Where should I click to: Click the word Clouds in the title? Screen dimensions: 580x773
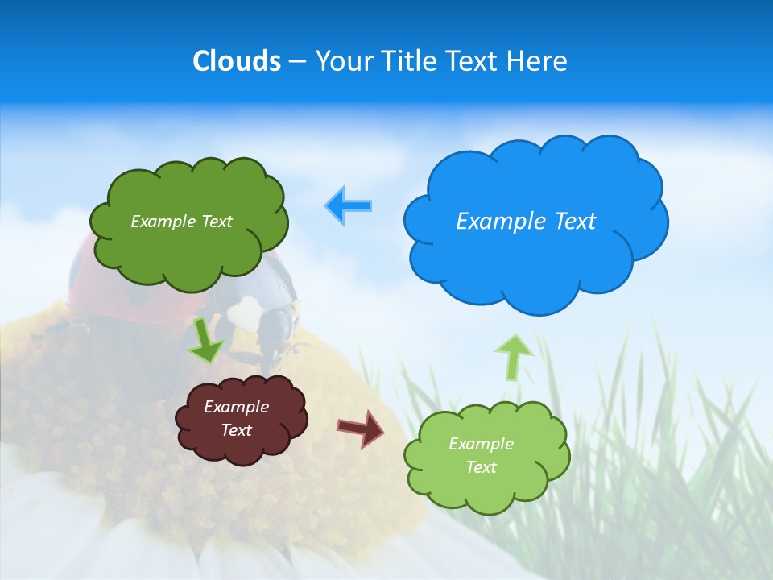click(237, 61)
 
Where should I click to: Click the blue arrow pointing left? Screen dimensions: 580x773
click(349, 206)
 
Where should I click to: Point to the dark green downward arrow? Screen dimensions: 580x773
click(205, 342)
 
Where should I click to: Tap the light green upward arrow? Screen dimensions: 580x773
click(514, 357)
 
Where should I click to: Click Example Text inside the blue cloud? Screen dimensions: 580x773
click(526, 221)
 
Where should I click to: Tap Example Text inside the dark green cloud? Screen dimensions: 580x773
click(181, 222)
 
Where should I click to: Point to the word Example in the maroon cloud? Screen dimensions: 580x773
click(237, 407)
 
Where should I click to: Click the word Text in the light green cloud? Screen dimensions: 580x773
click(481, 467)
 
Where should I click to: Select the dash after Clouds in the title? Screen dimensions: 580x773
click(296, 62)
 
